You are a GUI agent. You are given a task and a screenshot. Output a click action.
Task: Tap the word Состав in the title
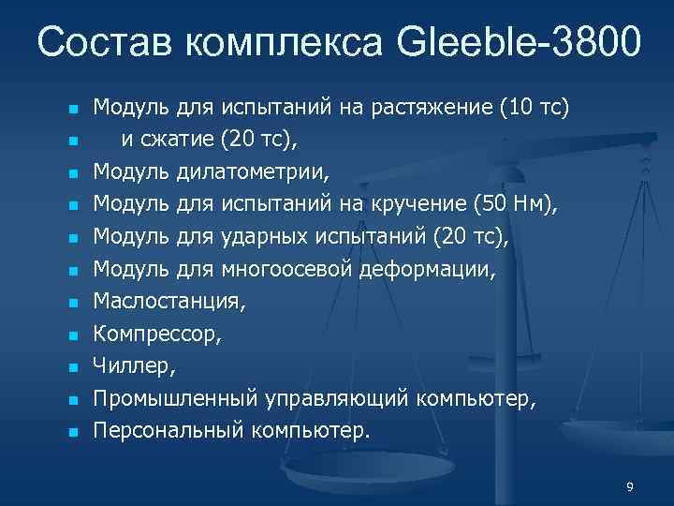pyautogui.click(x=104, y=41)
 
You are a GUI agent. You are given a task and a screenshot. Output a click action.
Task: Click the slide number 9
pyautogui.click(x=630, y=486)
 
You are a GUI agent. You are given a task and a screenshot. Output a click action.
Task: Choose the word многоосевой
pyautogui.click(x=286, y=271)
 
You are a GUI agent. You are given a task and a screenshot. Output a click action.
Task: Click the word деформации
pyautogui.click(x=438, y=271)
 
